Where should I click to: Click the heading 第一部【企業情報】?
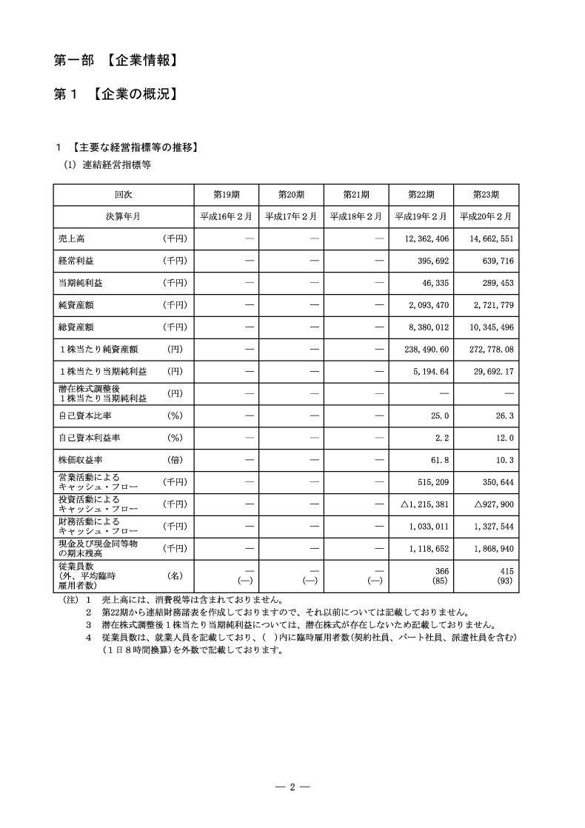click(117, 61)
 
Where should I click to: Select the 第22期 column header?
click(421, 195)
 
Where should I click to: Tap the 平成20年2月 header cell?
click(486, 216)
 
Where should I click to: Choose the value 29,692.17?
click(490, 371)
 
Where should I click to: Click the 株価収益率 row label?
click(81, 460)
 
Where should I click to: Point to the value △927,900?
click(488, 504)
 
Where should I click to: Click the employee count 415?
click(506, 571)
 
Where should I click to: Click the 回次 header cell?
click(122, 195)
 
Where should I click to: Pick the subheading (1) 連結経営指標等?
click(107, 166)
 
